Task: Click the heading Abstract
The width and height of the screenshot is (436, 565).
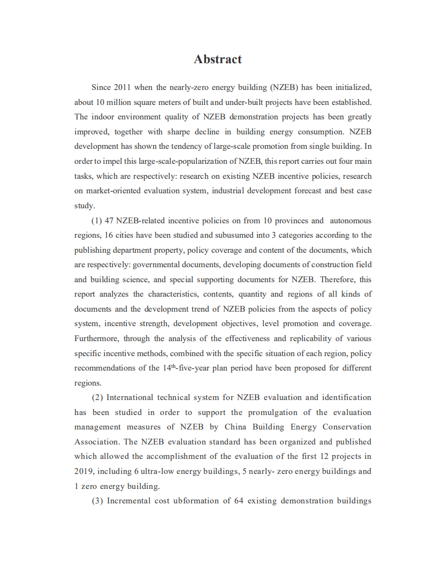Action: click(218, 59)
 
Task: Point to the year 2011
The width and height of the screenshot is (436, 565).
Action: click(123, 87)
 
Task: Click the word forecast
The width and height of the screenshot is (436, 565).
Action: click(306, 191)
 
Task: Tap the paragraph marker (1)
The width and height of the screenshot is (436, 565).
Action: click(97, 221)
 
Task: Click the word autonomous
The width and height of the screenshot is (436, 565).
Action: click(350, 221)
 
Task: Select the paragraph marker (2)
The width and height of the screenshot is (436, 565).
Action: click(97, 397)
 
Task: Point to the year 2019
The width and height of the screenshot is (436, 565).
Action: click(84, 471)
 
